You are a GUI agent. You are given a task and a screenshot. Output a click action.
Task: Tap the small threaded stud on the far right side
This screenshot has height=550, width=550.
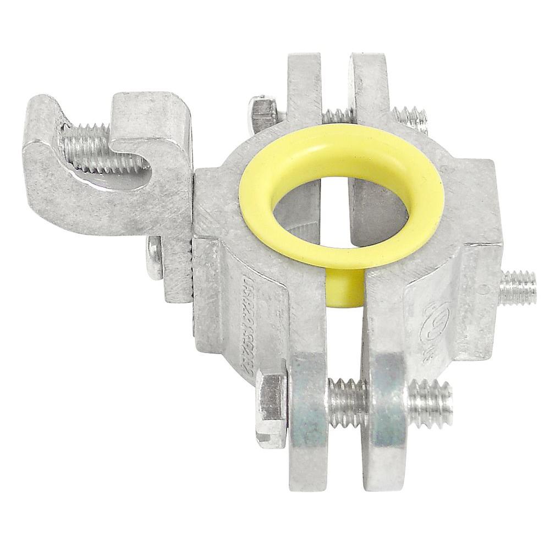(x=520, y=286)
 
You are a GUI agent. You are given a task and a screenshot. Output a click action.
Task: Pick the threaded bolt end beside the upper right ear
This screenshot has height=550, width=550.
(x=410, y=119)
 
